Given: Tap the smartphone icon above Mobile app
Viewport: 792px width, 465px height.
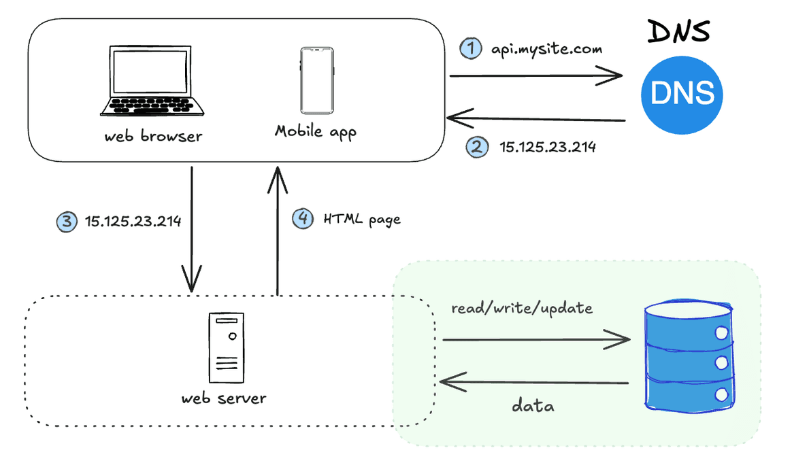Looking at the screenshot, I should click(x=316, y=80).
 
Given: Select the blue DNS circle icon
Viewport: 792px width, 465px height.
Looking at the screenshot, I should click(x=682, y=93).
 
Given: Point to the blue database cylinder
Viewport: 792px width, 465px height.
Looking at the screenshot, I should click(x=689, y=356).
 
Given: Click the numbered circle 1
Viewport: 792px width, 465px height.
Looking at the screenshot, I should click(x=470, y=48).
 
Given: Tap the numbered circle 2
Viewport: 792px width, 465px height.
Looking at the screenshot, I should click(x=476, y=147).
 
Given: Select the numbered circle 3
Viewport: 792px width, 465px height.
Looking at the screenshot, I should click(x=66, y=221).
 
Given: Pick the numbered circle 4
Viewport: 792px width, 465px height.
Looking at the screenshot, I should click(x=302, y=218).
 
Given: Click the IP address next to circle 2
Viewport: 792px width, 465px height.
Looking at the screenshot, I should click(x=548, y=147).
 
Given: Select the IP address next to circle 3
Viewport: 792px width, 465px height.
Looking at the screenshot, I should click(x=133, y=221).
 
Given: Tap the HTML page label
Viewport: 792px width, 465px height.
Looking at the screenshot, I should click(x=362, y=219).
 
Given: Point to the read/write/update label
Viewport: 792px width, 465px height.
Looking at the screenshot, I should click(x=522, y=308).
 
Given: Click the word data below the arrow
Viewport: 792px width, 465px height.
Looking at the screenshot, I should click(x=533, y=406).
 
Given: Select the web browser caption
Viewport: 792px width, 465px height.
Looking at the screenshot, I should click(x=153, y=136).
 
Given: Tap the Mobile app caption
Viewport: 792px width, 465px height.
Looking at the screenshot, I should click(x=315, y=131).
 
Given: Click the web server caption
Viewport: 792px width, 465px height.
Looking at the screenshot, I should click(x=224, y=398).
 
